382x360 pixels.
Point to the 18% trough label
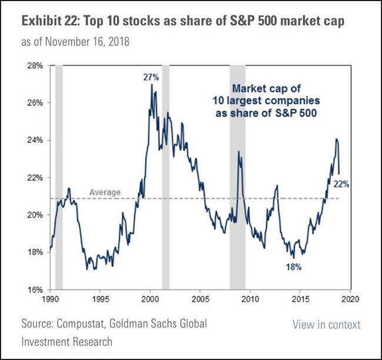294,267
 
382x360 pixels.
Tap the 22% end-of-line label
341,184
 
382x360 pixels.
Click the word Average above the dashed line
105,192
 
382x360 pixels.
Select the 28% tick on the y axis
35,65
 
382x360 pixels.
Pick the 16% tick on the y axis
35,289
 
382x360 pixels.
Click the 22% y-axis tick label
35,178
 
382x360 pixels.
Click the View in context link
326,325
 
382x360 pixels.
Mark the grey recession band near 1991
59,176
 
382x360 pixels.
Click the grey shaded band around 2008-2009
237,176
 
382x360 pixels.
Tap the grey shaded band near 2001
166,176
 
